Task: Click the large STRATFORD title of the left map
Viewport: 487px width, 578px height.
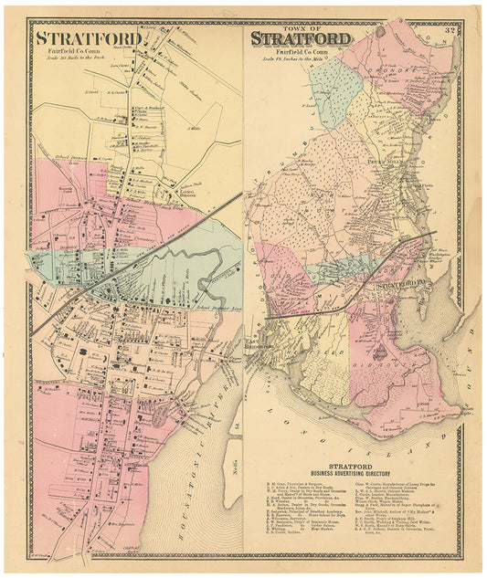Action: click(88, 38)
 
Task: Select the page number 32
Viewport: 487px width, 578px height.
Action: click(450, 33)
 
